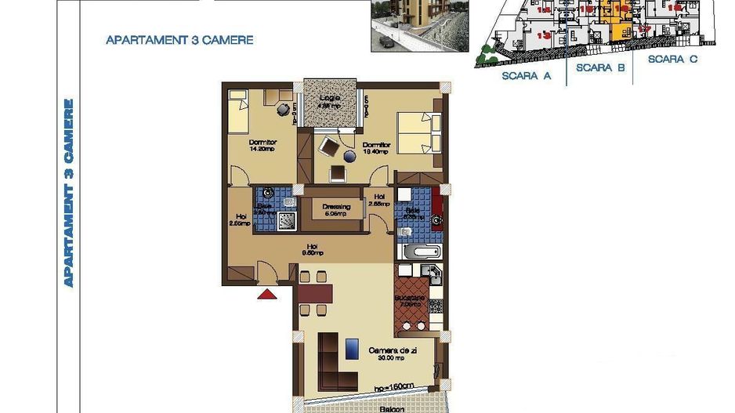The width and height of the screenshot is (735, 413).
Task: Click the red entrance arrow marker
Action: pos(267,295)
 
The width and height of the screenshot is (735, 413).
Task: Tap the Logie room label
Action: pos(330,102)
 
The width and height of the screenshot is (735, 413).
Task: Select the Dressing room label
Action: pos(336,208)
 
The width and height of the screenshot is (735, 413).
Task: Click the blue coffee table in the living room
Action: pos(352,348)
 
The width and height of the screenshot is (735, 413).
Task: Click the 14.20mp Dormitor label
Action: pos(262,145)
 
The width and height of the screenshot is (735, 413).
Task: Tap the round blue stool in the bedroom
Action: pos(349,157)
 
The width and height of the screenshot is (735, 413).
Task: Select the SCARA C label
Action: pos(672,59)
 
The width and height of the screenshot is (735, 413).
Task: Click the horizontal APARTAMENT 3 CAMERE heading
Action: pos(179,40)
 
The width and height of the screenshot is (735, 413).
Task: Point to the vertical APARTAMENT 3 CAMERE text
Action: pos(69,192)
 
